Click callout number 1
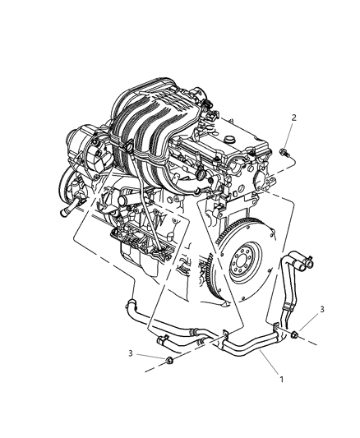[282, 380]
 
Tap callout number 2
[293, 118]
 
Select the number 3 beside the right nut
[322, 309]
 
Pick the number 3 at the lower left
[130, 353]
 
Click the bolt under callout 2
[284, 152]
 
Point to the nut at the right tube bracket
[294, 334]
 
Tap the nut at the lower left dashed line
[169, 361]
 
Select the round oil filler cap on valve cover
[230, 139]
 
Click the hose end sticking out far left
[67, 209]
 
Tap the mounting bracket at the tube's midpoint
[224, 334]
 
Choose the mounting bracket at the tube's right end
[275, 326]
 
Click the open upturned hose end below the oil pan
[131, 303]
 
